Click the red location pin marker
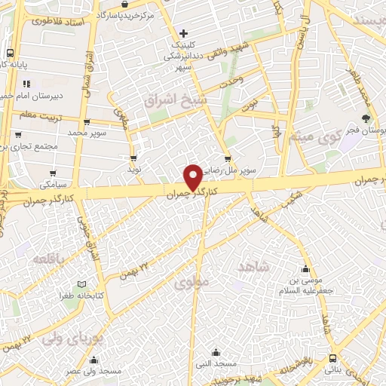(x=193, y=176)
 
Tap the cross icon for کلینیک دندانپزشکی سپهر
(x=183, y=33)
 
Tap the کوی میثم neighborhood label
(x=311, y=137)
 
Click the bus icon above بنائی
(x=332, y=359)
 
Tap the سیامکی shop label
(x=54, y=184)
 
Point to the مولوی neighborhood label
(x=188, y=283)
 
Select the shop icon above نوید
(x=133, y=158)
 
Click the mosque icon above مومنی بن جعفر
(x=305, y=269)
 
